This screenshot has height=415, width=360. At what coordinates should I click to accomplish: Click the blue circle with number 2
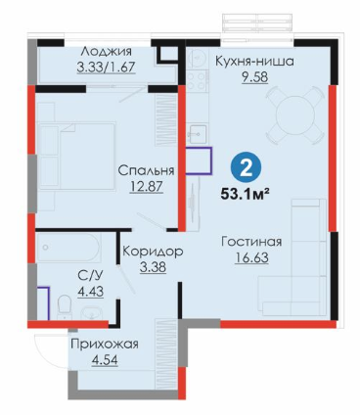pyautogui.click(x=246, y=169)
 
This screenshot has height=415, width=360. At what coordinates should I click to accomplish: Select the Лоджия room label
pyautogui.click(x=107, y=52)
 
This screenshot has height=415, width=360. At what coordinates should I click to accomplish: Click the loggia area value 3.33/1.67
pyautogui.click(x=106, y=68)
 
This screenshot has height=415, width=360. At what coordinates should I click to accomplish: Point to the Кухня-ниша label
pyautogui.click(x=255, y=62)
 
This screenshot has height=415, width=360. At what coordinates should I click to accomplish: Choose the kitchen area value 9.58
pyautogui.click(x=255, y=77)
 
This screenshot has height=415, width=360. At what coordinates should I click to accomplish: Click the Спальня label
pyautogui.click(x=146, y=170)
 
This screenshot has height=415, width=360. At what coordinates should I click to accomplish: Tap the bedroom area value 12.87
pyautogui.click(x=146, y=187)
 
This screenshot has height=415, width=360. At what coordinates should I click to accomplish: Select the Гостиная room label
pyautogui.click(x=251, y=242)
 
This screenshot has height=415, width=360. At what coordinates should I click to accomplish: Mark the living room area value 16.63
pyautogui.click(x=251, y=257)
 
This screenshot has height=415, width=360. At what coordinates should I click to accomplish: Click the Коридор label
pyautogui.click(x=153, y=252)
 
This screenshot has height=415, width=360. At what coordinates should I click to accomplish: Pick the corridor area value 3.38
pyautogui.click(x=153, y=267)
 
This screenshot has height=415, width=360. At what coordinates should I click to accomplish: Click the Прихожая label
pyautogui.click(x=105, y=345)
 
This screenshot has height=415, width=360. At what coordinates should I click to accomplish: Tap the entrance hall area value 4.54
pyautogui.click(x=105, y=360)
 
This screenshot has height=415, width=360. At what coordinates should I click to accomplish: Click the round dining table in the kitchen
pyautogui.click(x=295, y=115)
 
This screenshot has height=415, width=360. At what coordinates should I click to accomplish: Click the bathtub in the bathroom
pyautogui.click(x=68, y=248)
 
